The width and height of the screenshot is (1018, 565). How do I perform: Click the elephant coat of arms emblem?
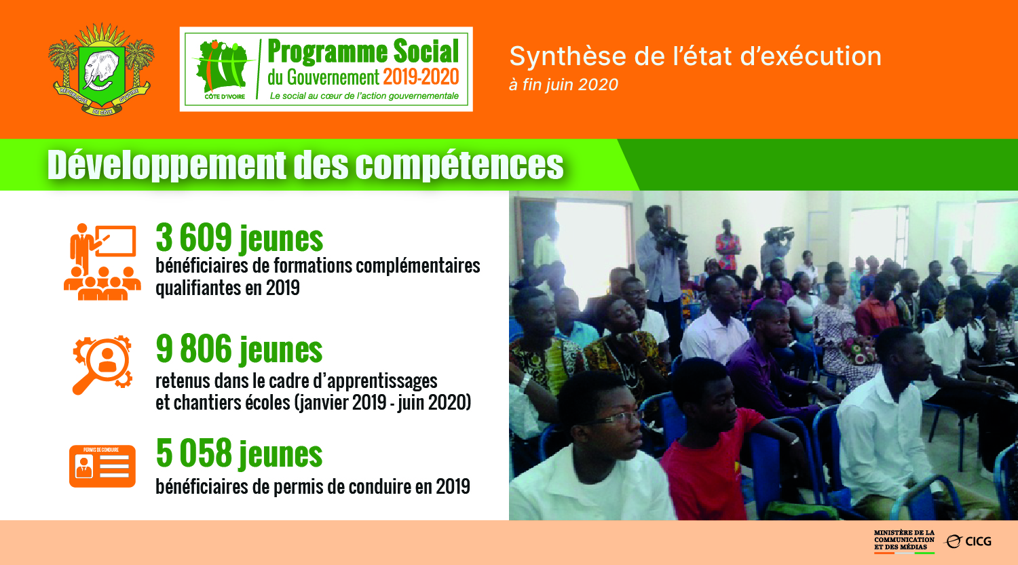pos(101,69)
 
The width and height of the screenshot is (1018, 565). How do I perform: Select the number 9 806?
pos(193,349)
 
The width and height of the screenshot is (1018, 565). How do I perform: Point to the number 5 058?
pos(193,453)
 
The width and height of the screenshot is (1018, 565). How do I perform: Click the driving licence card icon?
pos(102,466)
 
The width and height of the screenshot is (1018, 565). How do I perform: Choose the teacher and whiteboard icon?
pos(102,262)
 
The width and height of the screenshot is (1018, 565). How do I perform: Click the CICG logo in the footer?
pos(968,541)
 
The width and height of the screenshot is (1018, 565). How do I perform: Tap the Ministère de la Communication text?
pos(904,540)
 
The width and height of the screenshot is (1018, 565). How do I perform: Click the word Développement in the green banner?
pos(167,165)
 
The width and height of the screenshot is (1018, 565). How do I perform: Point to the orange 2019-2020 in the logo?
pos(421,77)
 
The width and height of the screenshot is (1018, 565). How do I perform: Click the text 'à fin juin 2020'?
pos(563,85)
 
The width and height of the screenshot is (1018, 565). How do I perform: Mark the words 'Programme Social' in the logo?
pos(363,51)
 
